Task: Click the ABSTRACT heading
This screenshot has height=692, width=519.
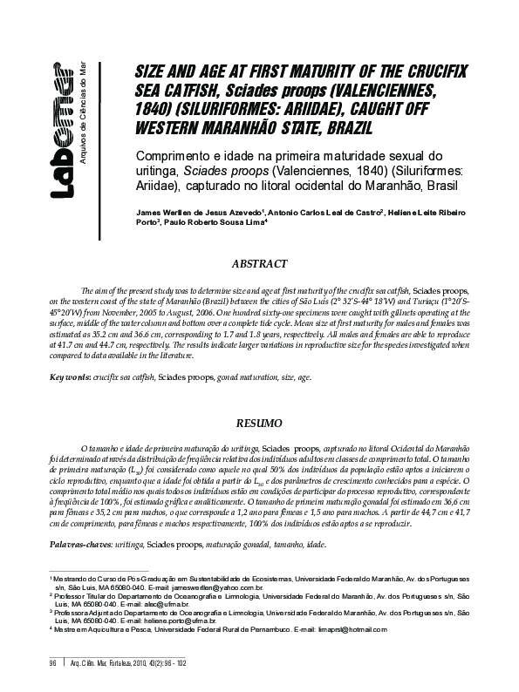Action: coord(259,263)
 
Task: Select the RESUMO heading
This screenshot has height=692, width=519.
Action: coord(259,422)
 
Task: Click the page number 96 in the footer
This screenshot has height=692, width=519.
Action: coord(52,661)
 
